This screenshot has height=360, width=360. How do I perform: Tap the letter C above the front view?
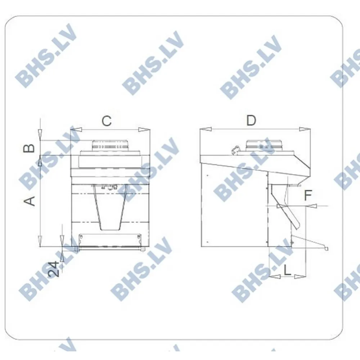pos(106,121)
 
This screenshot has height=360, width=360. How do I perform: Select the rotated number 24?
pos(54,269)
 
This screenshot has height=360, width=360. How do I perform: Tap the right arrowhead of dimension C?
pos(144,130)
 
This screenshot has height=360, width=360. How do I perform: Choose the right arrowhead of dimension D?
pos(305,129)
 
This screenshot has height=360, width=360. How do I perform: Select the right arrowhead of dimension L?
pos(300,277)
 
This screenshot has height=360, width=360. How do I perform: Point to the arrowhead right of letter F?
pos(312,206)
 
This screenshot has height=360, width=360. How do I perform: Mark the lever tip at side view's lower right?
pos(327,248)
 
